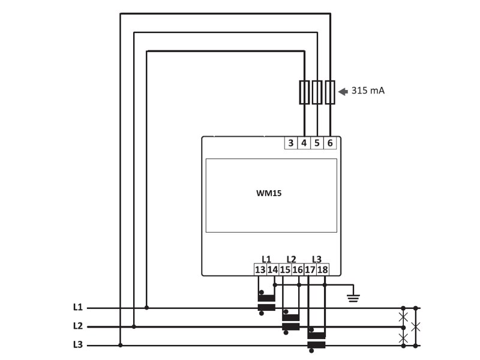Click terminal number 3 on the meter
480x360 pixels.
[x=291, y=143]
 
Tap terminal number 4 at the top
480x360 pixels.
[x=304, y=143]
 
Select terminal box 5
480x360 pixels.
[x=317, y=143]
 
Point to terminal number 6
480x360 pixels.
[x=330, y=143]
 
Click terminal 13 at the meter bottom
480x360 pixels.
[x=260, y=270]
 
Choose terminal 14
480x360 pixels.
[x=272, y=270]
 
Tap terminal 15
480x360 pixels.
[x=285, y=270]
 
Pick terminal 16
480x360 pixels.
[x=298, y=270]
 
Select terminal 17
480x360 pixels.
[x=310, y=270]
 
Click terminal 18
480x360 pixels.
[x=323, y=270]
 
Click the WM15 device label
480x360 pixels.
[x=269, y=194]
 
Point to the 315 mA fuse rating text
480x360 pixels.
[x=368, y=91]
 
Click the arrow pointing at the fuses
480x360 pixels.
[x=343, y=92]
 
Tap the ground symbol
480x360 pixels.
[x=353, y=296]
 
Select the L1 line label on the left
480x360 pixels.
[x=77, y=307]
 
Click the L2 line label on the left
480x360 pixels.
[x=77, y=326]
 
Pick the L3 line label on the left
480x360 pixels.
[x=77, y=345]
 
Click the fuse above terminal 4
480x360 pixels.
[x=304, y=92]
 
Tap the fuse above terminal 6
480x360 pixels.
[x=330, y=92]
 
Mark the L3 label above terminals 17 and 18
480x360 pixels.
[x=317, y=259]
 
